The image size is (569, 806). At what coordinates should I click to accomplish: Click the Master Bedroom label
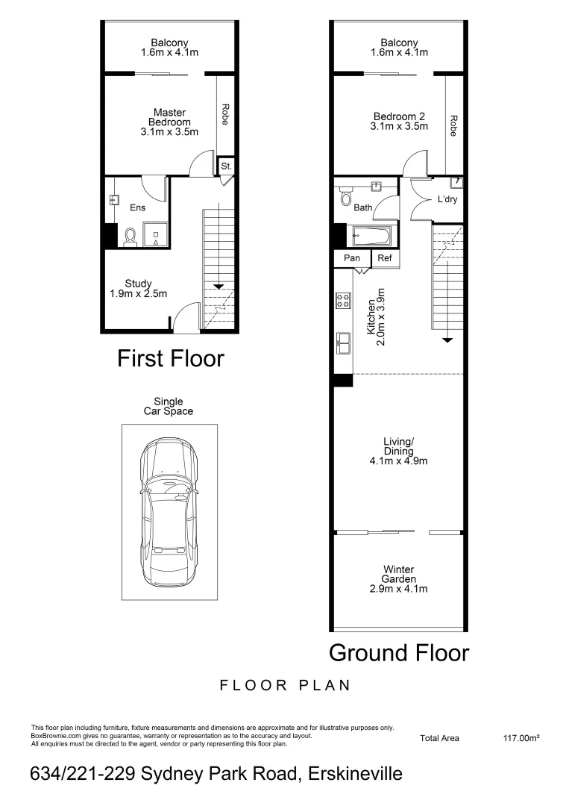[x=169, y=122]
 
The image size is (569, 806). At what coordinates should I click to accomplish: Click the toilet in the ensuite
[x=131, y=237]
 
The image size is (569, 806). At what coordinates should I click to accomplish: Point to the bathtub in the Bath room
[x=371, y=237]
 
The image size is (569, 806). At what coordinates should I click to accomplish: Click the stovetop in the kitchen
[x=344, y=302]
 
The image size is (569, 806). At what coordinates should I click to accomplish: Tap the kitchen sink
[x=344, y=343]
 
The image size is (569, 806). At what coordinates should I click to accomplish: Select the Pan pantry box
[x=352, y=258]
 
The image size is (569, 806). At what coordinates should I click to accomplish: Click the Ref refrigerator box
[x=385, y=258]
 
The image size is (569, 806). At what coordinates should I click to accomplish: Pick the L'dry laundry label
[x=447, y=200]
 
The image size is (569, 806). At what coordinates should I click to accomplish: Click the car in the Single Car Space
[x=169, y=514]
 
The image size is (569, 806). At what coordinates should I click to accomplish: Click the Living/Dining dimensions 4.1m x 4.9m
[x=399, y=461]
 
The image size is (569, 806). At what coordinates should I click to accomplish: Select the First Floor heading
[x=170, y=359]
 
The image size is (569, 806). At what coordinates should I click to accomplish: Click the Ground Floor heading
[x=399, y=653]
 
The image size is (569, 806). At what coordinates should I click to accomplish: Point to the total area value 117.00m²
[x=521, y=738]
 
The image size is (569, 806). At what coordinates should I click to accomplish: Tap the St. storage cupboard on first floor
[x=226, y=166]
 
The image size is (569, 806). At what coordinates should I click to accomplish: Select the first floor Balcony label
[x=169, y=48]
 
